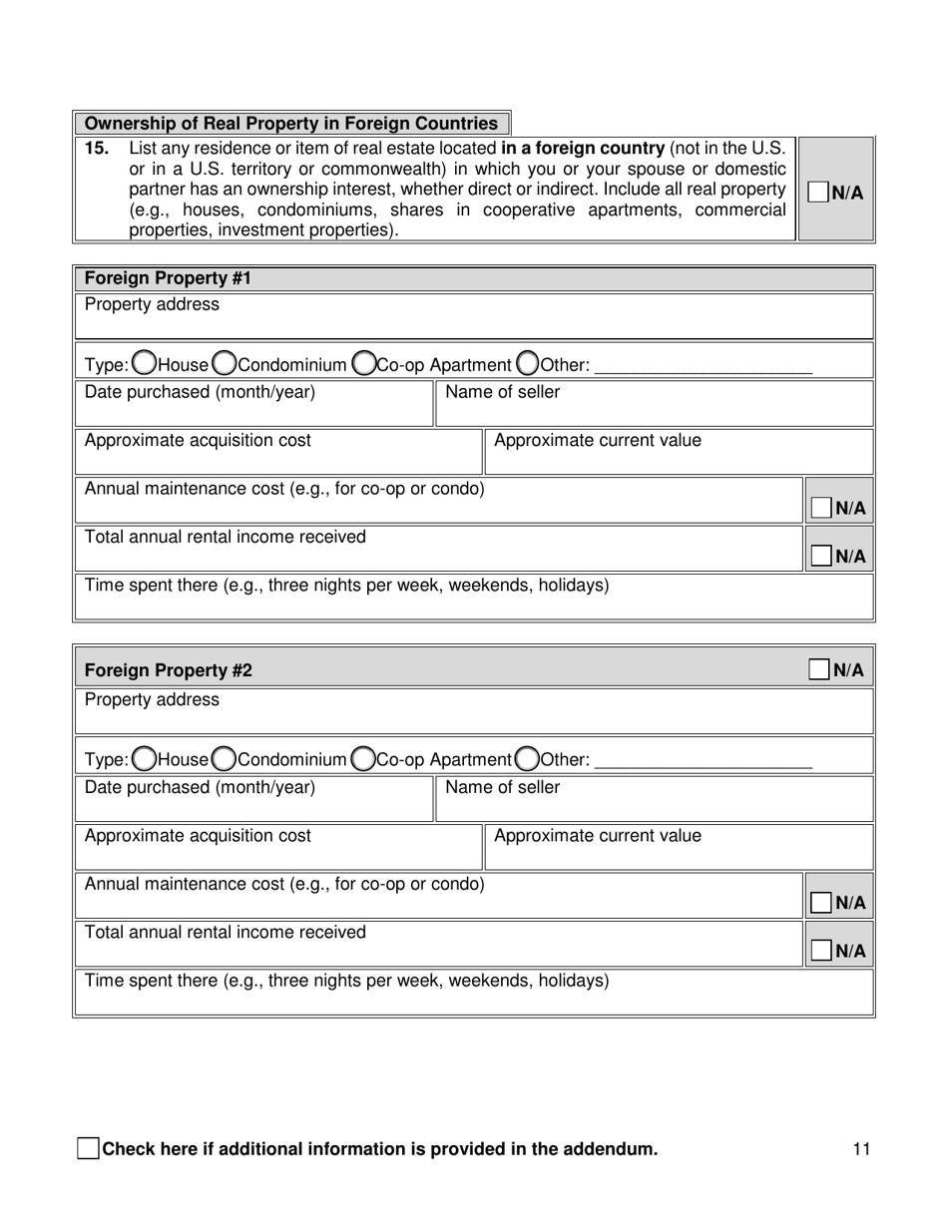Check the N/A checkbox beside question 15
[818, 193]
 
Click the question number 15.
[96, 149]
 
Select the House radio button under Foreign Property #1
[144, 364]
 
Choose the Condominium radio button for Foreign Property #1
[226, 364]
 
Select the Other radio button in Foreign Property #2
[528, 760]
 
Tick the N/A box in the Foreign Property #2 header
[819, 669]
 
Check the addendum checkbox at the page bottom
[88, 1148]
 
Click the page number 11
[861, 1149]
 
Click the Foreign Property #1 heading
[168, 278]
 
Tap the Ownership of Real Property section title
[290, 124]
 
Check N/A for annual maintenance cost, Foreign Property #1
[821, 508]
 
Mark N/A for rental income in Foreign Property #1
[821, 556]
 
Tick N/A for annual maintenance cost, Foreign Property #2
[821, 903]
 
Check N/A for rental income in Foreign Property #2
[821, 951]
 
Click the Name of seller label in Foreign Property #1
[502, 392]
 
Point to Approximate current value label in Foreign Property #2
[597, 836]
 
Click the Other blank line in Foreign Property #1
[703, 366]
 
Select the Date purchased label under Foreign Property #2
[200, 787]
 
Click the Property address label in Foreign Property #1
[152, 304]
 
